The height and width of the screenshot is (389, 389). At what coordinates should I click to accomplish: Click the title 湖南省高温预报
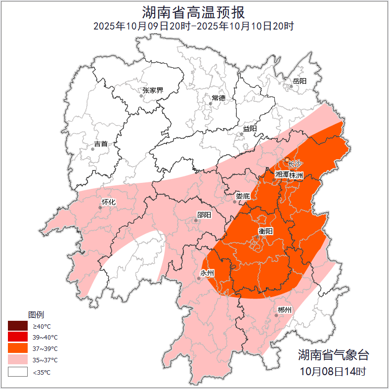(x=194, y=11)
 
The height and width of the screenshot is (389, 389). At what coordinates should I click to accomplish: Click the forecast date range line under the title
(x=194, y=26)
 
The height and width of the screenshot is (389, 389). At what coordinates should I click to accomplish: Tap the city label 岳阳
(x=300, y=81)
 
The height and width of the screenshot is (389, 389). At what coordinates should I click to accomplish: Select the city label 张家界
(x=152, y=90)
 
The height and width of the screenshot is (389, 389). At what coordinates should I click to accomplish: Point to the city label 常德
(x=218, y=98)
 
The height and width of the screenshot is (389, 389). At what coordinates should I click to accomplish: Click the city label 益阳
(x=250, y=129)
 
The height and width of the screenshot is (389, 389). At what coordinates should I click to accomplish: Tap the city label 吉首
(x=100, y=144)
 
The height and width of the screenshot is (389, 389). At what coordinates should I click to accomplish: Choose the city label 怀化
(x=108, y=202)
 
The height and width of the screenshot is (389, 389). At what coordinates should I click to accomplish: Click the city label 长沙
(x=295, y=164)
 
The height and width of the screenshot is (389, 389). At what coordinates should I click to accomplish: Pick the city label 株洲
(x=296, y=175)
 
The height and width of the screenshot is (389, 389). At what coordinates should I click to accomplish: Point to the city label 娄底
(x=243, y=196)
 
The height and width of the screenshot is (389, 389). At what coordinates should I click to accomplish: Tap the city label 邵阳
(x=204, y=215)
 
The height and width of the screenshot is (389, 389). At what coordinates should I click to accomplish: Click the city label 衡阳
(x=265, y=231)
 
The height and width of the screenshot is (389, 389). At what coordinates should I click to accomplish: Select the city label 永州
(x=207, y=273)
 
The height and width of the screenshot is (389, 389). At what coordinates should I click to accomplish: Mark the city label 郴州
(x=284, y=310)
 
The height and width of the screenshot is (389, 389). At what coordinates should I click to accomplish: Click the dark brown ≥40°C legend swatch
(x=17, y=326)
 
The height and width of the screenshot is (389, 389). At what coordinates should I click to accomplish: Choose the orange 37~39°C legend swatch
(x=17, y=349)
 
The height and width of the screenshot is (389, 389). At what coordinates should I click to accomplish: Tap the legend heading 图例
(x=36, y=315)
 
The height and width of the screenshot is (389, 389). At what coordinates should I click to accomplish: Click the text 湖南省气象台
(x=333, y=354)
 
